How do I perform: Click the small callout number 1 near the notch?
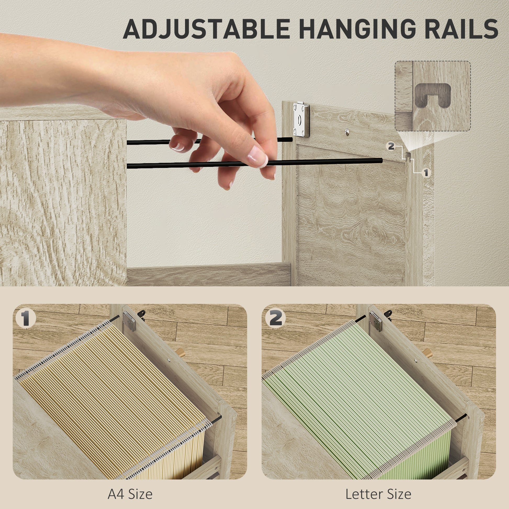pyautogui.click(x=426, y=173)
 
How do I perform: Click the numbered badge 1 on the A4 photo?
pyautogui.click(x=26, y=319)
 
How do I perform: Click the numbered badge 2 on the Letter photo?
pyautogui.click(x=275, y=319)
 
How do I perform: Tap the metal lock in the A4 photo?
pyautogui.click(x=129, y=321)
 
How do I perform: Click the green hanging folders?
pyautogui.click(x=358, y=400)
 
